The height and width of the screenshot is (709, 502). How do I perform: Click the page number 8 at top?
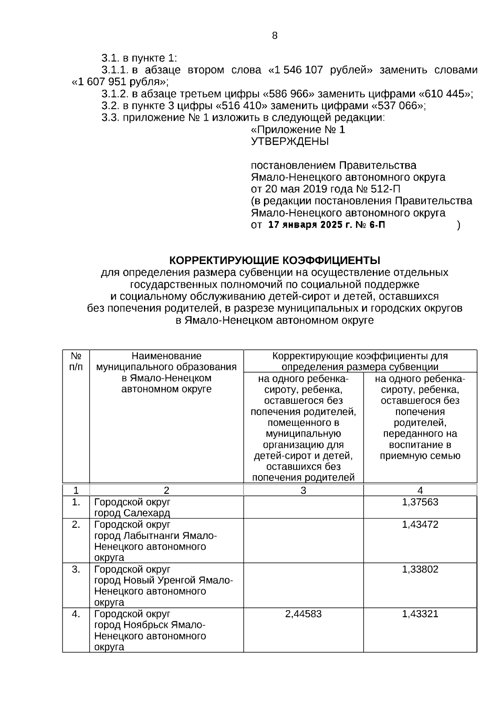coord(274,36)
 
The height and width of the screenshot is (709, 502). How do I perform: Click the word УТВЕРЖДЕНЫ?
coord(289,142)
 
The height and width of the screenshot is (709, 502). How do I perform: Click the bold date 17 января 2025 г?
coord(310,225)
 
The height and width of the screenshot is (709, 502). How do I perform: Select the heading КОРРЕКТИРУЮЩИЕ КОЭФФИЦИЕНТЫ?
coord(274,261)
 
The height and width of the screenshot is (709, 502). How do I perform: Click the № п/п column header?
coord(76,361)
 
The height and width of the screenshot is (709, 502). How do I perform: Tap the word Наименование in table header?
coord(166,356)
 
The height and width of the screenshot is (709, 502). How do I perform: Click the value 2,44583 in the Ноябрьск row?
coord(303,614)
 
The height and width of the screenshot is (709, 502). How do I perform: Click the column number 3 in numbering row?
coord(303,490)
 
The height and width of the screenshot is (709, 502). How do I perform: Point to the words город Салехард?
coord(132,513)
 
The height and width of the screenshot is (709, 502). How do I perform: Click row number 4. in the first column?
coord(76,614)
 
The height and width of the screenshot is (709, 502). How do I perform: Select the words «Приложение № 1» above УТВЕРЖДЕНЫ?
coord(297,130)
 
